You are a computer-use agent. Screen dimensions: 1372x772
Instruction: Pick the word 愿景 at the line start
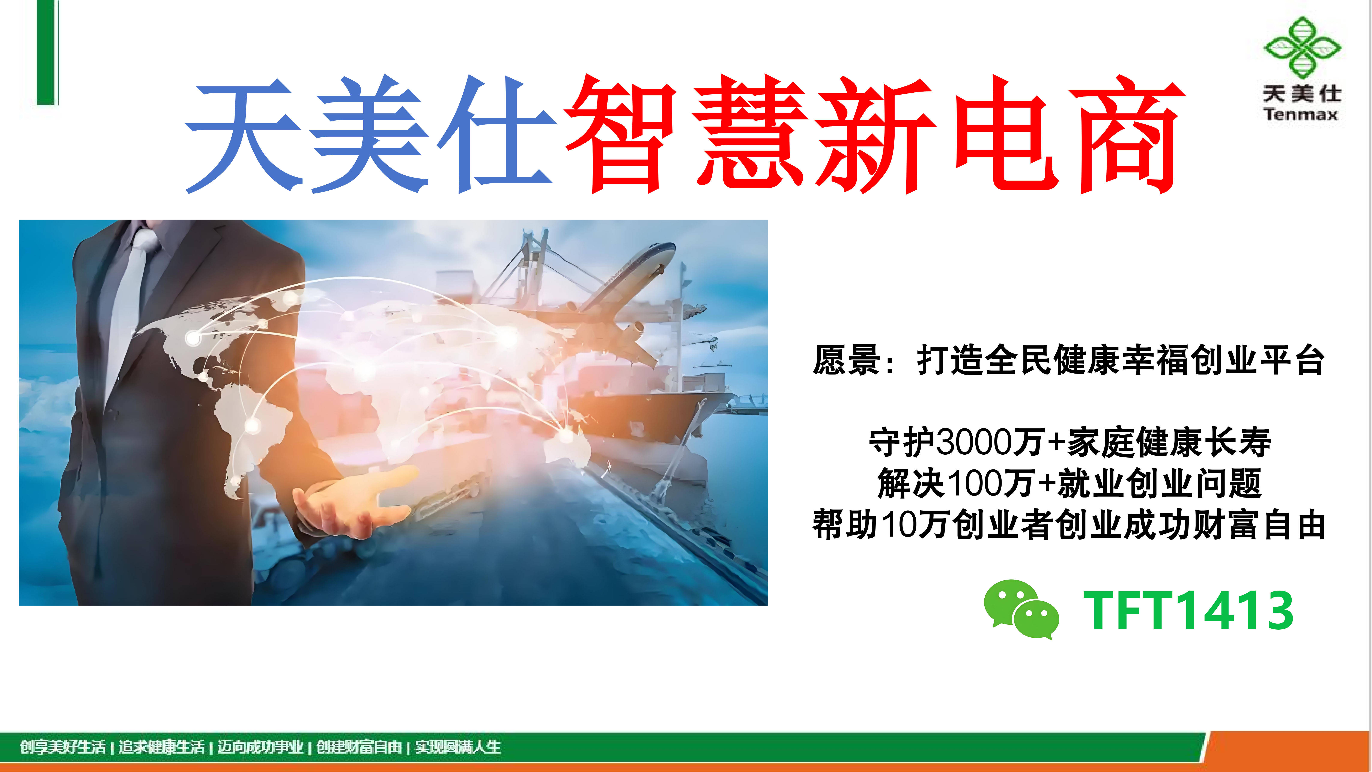click(x=846, y=361)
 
